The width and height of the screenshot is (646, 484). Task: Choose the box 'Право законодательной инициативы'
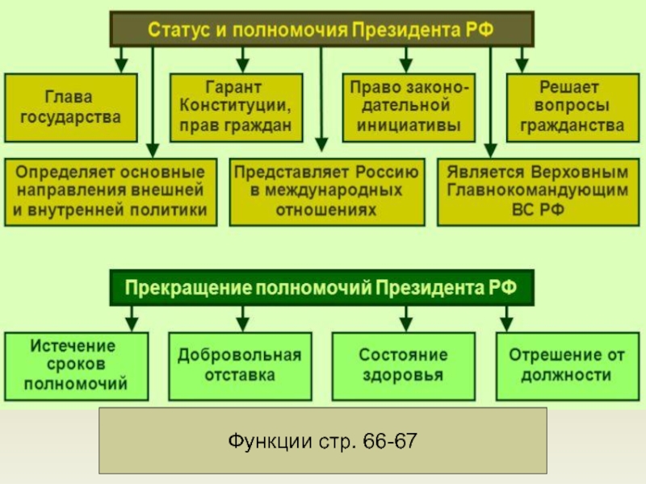point(409,106)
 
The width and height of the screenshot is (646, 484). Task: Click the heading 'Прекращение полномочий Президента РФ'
point(321,288)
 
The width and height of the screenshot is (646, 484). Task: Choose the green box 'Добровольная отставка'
point(239,365)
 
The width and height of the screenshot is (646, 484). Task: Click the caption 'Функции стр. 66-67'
point(322,440)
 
